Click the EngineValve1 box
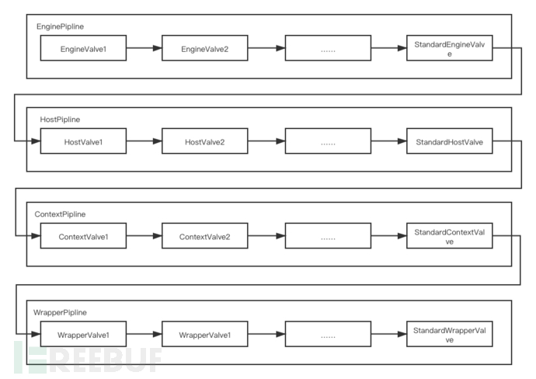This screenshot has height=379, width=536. point(83,49)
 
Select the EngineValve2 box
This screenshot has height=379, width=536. point(204,49)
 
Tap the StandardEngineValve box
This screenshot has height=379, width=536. point(449,49)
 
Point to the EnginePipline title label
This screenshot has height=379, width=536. point(61,26)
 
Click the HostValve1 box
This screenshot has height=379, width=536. point(83,141)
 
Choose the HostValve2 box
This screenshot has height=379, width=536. point(204,141)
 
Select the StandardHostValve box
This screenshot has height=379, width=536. point(449,141)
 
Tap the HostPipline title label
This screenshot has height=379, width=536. point(60,119)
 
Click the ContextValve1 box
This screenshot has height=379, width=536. point(83,236)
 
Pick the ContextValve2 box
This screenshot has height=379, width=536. point(204,236)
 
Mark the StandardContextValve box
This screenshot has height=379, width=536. point(449,236)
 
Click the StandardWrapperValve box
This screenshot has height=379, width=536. point(449,335)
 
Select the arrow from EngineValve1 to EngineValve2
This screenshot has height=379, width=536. point(144,49)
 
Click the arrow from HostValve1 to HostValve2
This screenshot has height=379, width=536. point(144,141)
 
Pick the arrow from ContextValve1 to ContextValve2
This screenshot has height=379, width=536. point(144,236)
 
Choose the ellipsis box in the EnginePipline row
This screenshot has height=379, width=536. point(327,49)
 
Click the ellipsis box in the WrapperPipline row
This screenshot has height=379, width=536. point(327,335)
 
